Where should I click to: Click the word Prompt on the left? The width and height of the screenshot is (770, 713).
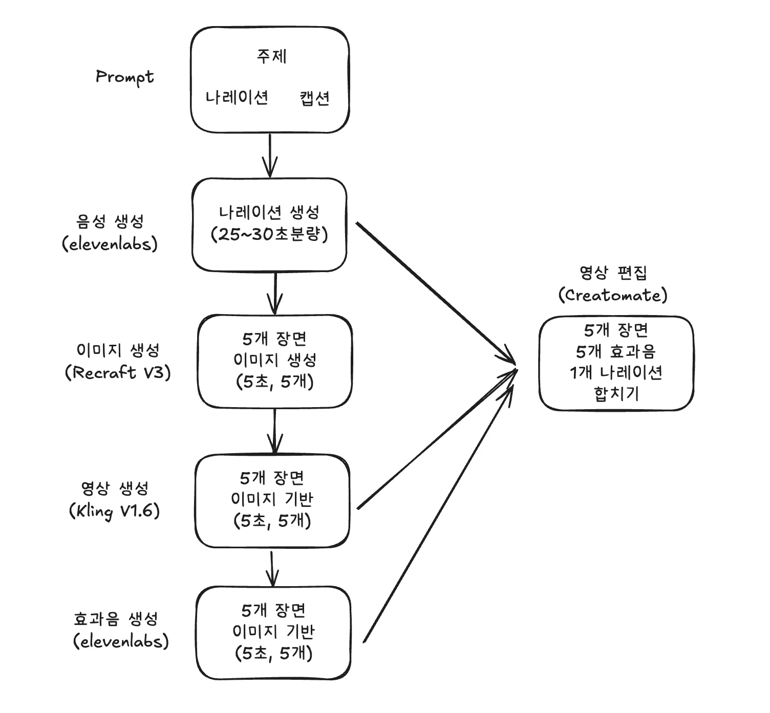pyautogui.click(x=124, y=77)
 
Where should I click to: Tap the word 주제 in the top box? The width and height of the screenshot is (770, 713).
pyautogui.click(x=271, y=56)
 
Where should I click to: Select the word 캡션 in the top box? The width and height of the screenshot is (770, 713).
pyautogui.click(x=314, y=98)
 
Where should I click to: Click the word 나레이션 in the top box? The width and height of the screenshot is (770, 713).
pyautogui.click(x=237, y=97)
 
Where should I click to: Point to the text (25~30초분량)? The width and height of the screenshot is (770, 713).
pyautogui.click(x=269, y=234)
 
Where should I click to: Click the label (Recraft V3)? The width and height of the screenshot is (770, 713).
pyautogui.click(x=118, y=372)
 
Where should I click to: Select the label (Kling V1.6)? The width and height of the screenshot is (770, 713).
pyautogui.click(x=114, y=511)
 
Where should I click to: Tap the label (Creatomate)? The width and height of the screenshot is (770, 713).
pyautogui.click(x=613, y=295)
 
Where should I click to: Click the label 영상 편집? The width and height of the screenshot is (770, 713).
pyautogui.click(x=613, y=273)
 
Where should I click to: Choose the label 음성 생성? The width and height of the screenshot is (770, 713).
pyautogui.click(x=110, y=221)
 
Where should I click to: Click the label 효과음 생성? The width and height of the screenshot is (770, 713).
pyautogui.click(x=116, y=619)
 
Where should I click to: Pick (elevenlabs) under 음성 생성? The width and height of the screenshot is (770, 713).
pyautogui.click(x=110, y=244)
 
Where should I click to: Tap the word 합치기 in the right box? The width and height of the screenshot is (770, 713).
pyautogui.click(x=616, y=394)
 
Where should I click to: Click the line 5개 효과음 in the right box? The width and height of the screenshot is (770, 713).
pyautogui.click(x=615, y=352)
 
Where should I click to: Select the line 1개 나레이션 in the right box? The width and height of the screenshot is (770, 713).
pyautogui.click(x=615, y=372)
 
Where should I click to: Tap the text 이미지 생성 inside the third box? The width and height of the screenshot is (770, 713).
pyautogui.click(x=274, y=360)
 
